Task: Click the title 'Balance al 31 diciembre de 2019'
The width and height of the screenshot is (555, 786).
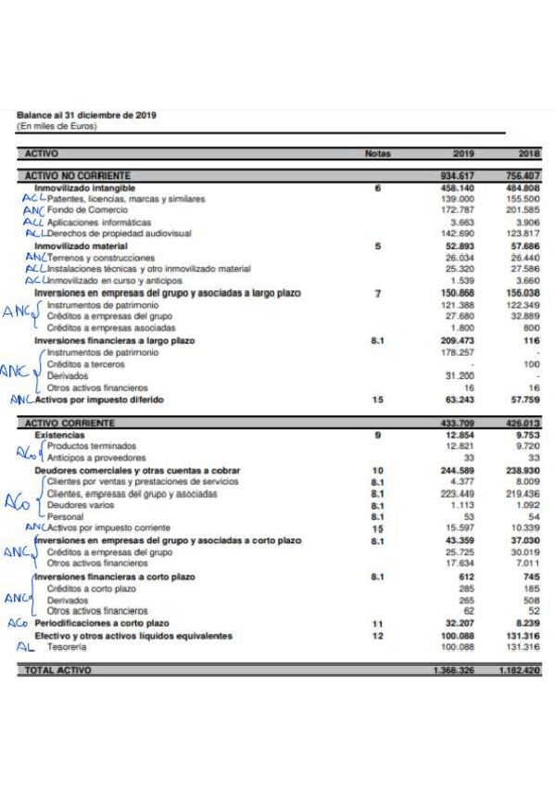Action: coord(86,115)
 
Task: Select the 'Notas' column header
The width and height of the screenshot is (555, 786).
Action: coord(377,153)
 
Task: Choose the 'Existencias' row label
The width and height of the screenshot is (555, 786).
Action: coord(59,435)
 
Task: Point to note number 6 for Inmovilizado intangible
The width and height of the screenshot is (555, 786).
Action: coord(377,188)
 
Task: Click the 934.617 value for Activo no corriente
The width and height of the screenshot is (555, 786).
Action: coord(458,176)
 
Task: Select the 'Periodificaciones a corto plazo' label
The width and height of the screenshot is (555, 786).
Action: coord(102,624)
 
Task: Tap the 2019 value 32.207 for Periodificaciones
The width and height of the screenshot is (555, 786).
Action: coord(460,624)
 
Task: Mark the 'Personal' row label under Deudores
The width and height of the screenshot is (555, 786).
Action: coord(62,516)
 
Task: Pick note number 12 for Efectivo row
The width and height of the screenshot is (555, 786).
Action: coord(377,636)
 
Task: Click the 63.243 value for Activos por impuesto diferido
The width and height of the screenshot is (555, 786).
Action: coord(460,399)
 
